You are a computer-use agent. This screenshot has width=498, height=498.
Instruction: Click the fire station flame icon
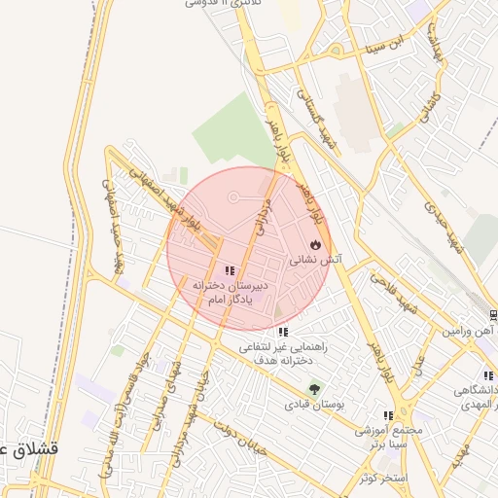tap(314, 244)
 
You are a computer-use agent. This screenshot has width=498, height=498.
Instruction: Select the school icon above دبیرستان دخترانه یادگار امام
tap(230, 271)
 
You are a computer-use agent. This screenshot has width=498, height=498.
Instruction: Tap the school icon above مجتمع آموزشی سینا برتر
tap(389, 415)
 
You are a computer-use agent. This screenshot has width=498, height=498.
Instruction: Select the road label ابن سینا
tap(381, 43)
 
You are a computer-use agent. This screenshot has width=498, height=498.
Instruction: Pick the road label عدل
tap(419, 365)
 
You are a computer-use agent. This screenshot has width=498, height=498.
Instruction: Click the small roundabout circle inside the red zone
tap(233, 198)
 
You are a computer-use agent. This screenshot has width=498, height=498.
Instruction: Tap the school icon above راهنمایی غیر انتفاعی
tap(282, 333)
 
